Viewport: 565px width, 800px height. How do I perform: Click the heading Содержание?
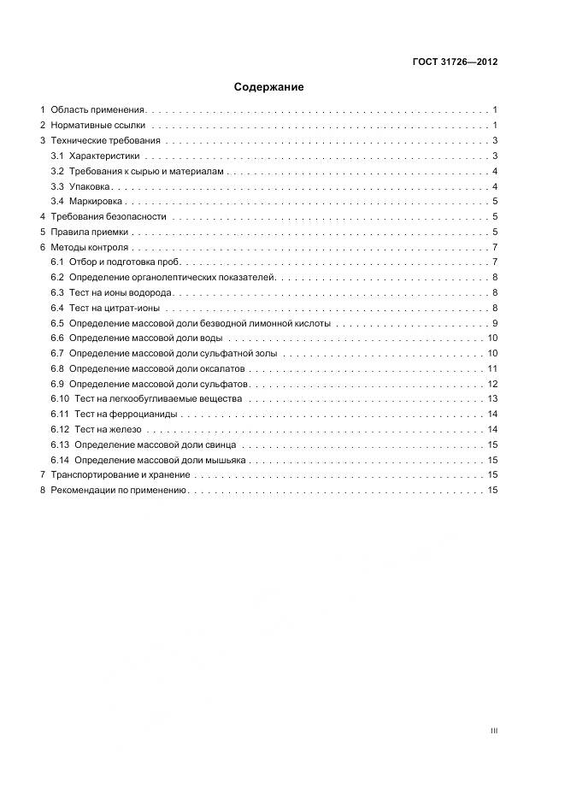click(268, 86)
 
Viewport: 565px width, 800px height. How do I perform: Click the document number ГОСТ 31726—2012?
click(455, 62)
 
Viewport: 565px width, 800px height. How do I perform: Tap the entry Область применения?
click(98, 110)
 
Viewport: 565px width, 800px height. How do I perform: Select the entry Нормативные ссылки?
click(97, 125)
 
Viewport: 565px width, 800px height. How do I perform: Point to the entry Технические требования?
click(105, 140)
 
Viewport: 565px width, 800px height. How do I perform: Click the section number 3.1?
click(57, 156)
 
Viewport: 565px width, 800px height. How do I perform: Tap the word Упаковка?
click(90, 186)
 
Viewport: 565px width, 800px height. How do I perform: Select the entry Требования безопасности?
click(109, 217)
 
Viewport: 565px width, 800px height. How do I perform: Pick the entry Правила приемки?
click(90, 232)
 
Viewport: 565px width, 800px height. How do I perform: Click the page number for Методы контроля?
click(495, 247)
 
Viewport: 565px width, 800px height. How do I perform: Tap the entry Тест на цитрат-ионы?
click(115, 308)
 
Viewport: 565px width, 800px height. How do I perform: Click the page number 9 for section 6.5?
click(495, 323)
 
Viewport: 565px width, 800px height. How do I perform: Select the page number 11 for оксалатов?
click(492, 368)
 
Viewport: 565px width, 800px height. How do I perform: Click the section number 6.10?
click(59, 399)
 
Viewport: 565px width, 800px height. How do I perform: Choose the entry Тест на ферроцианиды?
click(127, 414)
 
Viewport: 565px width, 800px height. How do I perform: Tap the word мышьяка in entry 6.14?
click(224, 460)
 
